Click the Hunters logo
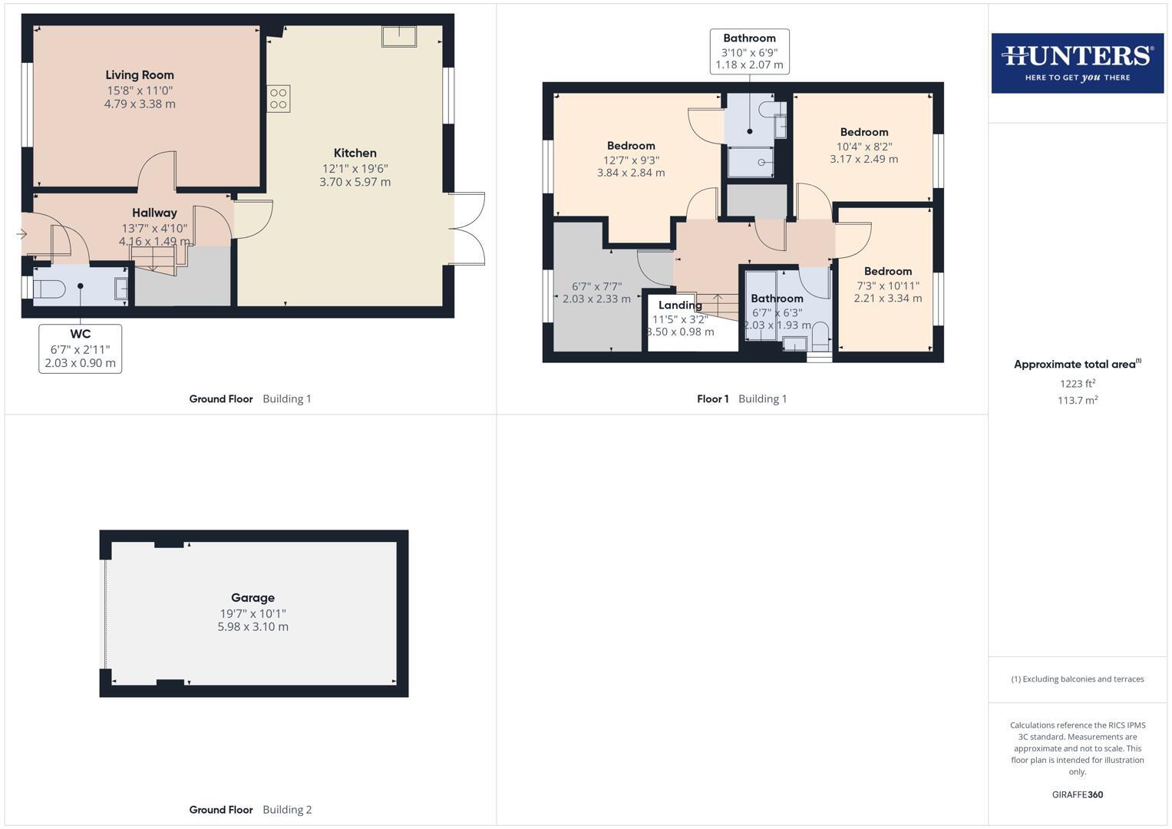tap(1077, 63)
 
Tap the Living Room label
tap(140, 75)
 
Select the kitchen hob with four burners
tap(279, 99)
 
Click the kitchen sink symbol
tap(399, 37)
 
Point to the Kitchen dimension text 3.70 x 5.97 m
tap(355, 182)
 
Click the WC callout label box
tap(81, 348)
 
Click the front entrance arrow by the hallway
tap(21, 234)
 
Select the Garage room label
tap(253, 597)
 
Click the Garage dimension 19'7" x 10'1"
tap(253, 613)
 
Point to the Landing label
tap(680, 306)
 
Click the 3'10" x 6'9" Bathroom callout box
tap(749, 51)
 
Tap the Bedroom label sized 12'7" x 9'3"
tap(631, 146)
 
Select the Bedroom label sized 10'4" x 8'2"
tap(863, 132)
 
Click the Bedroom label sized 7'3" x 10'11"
tap(887, 271)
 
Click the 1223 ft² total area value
tap(1077, 384)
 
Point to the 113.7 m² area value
tap(1077, 400)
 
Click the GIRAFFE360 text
tap(1077, 794)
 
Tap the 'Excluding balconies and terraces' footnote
tap(1077, 679)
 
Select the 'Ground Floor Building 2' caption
tap(250, 809)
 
